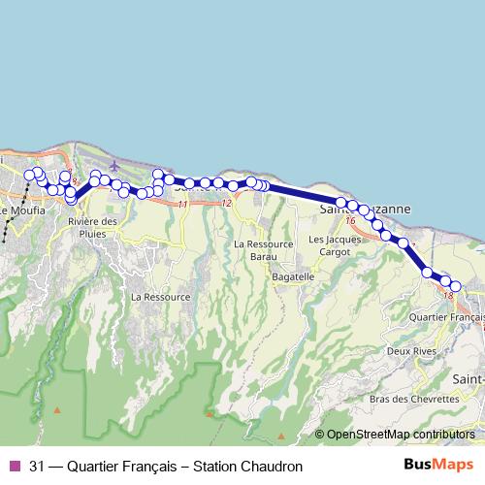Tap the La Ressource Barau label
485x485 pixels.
click(263, 250)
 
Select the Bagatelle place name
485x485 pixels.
click(267, 276)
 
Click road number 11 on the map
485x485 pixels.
click(182, 204)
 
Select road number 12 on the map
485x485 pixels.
click(226, 203)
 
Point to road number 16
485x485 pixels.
click(350, 222)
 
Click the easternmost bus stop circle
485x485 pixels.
click(456, 285)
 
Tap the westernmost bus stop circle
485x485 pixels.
click(29, 176)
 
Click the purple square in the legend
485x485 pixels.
click(14, 438)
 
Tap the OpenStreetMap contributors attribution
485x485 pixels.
click(400, 407)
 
